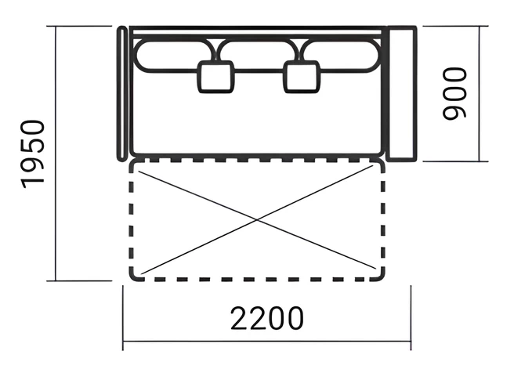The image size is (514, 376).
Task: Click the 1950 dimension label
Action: point(33,154)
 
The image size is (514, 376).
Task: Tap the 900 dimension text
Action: point(454,93)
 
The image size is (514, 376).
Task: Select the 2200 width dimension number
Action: point(267,318)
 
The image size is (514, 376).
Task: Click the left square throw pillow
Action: point(216,77)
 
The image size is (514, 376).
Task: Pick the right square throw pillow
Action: point(301,77)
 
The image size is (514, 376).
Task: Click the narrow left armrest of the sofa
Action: point(122,93)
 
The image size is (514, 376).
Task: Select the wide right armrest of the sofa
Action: point(401,93)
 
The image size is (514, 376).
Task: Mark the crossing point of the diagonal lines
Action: point(257,220)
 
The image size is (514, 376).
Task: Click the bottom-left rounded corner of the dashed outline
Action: point(134,277)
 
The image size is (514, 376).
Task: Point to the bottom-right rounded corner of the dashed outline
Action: point(381,277)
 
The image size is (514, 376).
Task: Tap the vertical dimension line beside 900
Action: point(480,93)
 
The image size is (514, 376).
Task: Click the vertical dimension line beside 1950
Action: point(56,154)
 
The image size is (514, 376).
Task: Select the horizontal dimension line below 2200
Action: point(267,342)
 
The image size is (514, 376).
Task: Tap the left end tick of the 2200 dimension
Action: point(123,318)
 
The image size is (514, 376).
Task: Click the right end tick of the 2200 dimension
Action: point(411,318)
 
